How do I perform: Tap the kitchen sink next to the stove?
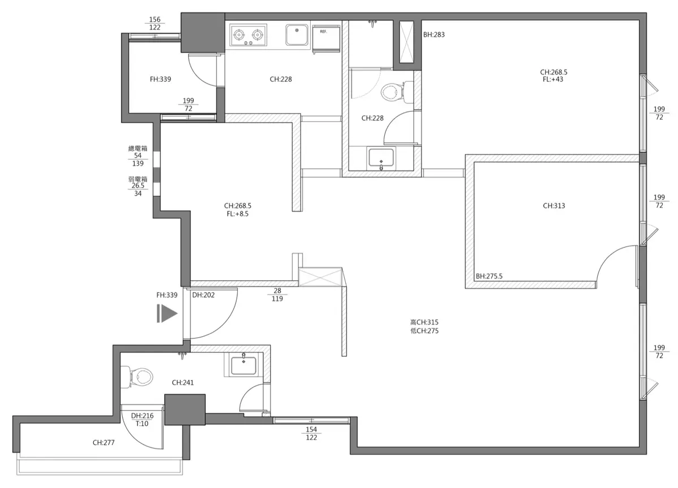pyautogui.click(x=297, y=35)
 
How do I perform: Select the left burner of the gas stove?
pyautogui.click(x=239, y=35)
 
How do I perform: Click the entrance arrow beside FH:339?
pyautogui.click(x=167, y=313)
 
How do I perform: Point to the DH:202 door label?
pyautogui.click(x=203, y=295)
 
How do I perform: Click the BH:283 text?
pyautogui.click(x=434, y=35)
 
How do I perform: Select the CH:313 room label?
pyautogui.click(x=554, y=206)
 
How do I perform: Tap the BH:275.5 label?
pyautogui.click(x=489, y=276)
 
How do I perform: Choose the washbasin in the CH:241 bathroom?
pyautogui.click(x=244, y=365)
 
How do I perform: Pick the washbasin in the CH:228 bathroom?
pyautogui.click(x=381, y=158)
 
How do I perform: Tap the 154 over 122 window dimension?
pyautogui.click(x=311, y=434)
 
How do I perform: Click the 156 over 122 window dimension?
pyautogui.click(x=155, y=23)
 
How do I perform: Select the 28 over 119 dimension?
pyautogui.click(x=277, y=295)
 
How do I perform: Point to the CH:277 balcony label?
pyautogui.click(x=103, y=443)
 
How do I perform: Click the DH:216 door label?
pyautogui.click(x=142, y=416)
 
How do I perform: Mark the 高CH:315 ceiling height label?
pyautogui.click(x=424, y=322)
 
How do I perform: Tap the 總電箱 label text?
pyautogui.click(x=138, y=148)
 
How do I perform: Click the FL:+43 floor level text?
pyautogui.click(x=553, y=79)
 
